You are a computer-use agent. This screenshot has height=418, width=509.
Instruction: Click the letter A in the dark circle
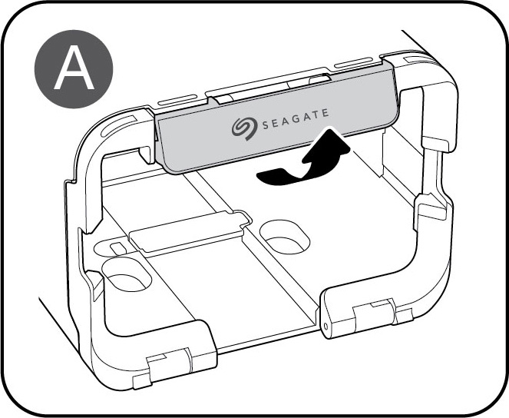[x=72, y=70]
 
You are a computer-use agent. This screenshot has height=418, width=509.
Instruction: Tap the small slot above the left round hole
[x=116, y=248]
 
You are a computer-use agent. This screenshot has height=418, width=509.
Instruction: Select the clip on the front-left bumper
[x=165, y=359]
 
